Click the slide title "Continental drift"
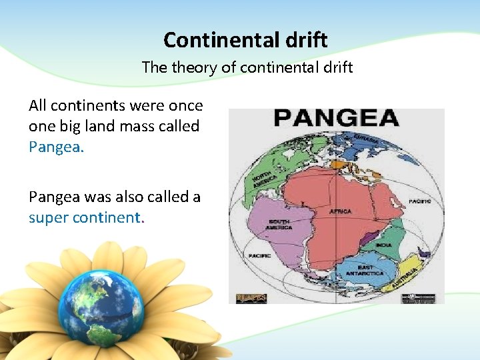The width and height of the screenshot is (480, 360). [245, 40]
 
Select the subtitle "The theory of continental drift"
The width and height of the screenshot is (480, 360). [247, 67]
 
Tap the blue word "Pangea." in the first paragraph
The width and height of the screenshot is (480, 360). [57, 147]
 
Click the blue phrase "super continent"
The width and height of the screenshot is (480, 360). [84, 217]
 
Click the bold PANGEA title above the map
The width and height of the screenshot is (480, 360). [336, 119]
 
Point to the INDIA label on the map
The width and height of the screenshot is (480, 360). [383, 245]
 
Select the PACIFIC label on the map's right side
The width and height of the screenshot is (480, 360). [420, 201]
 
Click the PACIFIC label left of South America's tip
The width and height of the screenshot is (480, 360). [259, 255]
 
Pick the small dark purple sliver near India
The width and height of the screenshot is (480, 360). [367, 235]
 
